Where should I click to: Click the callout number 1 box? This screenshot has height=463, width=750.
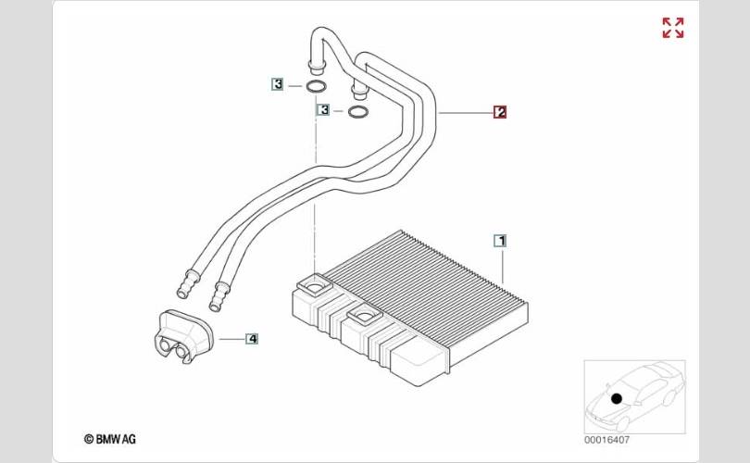(x=500, y=241)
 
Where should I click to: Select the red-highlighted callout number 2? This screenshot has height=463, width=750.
(x=500, y=113)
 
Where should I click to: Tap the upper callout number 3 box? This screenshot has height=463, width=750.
(x=277, y=84)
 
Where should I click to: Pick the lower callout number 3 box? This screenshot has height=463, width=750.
(x=323, y=110)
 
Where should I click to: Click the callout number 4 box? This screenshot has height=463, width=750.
(x=252, y=339)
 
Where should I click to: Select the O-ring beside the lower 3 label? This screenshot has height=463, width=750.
(x=357, y=113)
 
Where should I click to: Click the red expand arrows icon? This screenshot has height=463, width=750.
(x=673, y=28)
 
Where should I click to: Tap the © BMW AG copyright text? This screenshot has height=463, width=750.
(x=109, y=439)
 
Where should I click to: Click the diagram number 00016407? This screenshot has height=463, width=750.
(x=607, y=439)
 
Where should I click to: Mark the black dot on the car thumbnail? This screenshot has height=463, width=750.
(x=616, y=398)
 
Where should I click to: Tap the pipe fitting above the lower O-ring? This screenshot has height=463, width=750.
(x=357, y=90)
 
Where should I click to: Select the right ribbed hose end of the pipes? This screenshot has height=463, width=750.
(x=221, y=297)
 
